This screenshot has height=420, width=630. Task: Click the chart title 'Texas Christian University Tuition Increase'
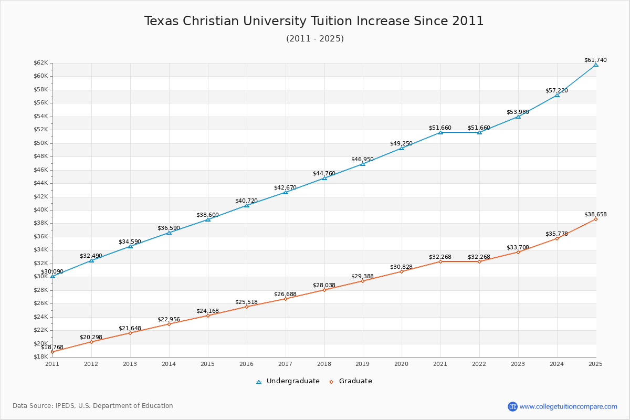(x=314, y=21)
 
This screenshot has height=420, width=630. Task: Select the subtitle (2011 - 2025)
(x=315, y=38)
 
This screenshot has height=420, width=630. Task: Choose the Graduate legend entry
(x=350, y=381)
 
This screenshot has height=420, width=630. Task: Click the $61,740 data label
(x=595, y=60)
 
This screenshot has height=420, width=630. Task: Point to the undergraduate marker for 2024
(x=557, y=95)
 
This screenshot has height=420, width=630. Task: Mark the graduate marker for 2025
(x=596, y=219)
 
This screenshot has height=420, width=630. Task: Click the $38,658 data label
(x=595, y=214)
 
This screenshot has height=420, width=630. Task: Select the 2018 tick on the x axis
(x=324, y=363)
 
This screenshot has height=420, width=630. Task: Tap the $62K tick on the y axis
(x=41, y=62)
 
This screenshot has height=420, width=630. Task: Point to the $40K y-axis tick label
(x=41, y=209)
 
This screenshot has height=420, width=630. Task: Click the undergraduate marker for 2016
(x=247, y=205)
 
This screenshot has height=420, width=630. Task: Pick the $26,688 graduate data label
(x=285, y=294)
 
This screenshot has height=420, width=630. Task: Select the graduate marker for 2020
(x=402, y=271)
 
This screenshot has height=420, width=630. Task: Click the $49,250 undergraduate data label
(x=401, y=143)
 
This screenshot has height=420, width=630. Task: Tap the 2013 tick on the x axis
(x=130, y=363)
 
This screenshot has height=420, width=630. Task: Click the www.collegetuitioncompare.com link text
(x=569, y=406)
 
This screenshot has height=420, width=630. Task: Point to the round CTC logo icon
(x=512, y=406)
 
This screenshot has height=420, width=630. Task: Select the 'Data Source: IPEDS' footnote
(x=93, y=406)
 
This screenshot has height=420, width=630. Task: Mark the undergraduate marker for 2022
(x=479, y=132)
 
